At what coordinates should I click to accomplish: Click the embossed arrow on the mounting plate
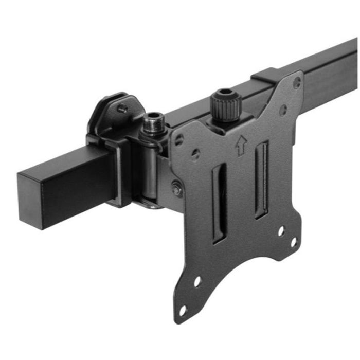coord(240,146)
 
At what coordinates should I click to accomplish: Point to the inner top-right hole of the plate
coord(283,109)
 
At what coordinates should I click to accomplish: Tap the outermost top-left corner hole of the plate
coord(179,139)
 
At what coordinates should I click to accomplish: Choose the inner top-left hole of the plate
coord(196,154)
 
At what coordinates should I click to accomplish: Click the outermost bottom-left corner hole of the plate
coord(183,310)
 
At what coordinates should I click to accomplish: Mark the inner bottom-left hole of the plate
coord(197,282)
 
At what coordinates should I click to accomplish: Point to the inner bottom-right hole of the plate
coord(281,230)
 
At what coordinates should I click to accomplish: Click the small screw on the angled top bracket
coord(122,109)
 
